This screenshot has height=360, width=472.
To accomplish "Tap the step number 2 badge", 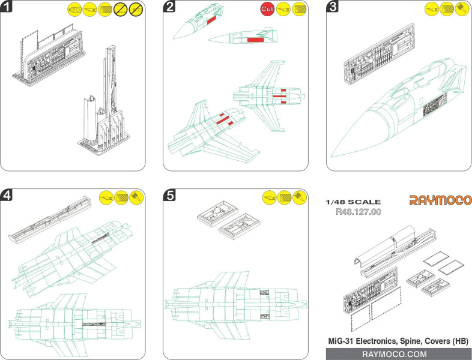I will (171, 7).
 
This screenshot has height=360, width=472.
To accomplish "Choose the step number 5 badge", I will (171, 195).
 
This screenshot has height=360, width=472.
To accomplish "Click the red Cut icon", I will (267, 10).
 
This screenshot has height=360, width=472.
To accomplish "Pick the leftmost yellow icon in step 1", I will (74, 10).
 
